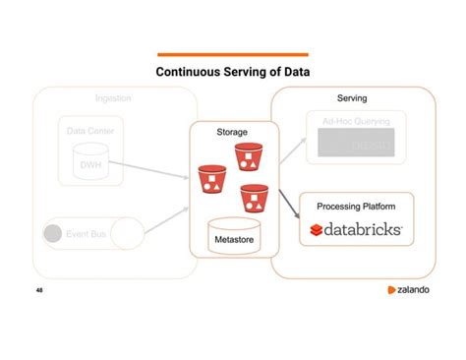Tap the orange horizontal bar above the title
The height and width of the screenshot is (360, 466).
233,55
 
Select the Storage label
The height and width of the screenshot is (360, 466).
232,132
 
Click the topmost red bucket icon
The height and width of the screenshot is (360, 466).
247,156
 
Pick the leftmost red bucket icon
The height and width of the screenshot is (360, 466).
211,178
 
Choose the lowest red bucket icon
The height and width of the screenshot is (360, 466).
254,200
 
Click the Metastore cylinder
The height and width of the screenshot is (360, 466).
233,237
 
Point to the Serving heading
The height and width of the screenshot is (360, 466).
352,99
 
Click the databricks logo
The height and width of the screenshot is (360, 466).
356,229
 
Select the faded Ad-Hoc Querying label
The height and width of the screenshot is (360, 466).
356,120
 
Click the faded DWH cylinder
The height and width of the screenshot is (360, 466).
89,165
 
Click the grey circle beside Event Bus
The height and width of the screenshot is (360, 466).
53,234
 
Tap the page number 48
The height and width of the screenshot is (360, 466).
39,291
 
